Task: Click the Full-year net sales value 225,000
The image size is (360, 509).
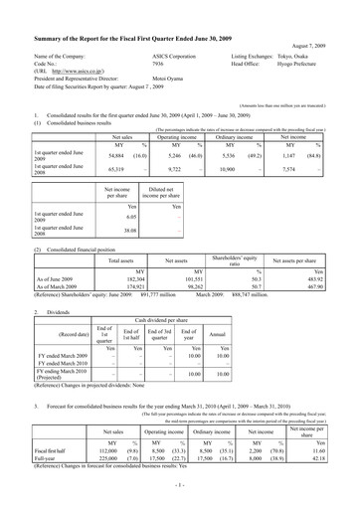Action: coord(84,487)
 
